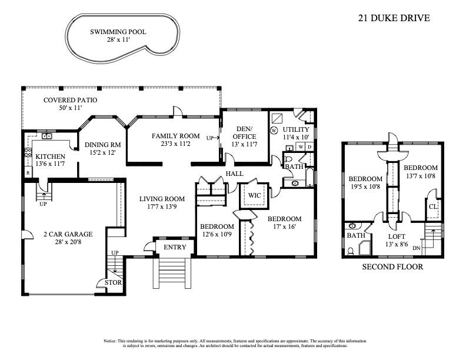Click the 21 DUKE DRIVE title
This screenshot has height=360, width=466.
pyautogui.click(x=394, y=18)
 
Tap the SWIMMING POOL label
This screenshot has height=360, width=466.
pyautogui.click(x=118, y=32)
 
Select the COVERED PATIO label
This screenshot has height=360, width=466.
pyautogui.click(x=71, y=100)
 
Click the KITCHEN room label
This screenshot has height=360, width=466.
pyautogui.click(x=49, y=156)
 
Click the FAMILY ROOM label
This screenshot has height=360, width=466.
pyautogui.click(x=175, y=136)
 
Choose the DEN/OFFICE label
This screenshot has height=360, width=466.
pyautogui.click(x=244, y=133)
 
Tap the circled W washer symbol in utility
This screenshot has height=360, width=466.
pyautogui.click(x=274, y=130)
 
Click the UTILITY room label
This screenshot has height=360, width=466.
pyautogui.click(x=296, y=129)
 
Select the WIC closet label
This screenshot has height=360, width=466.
pyautogui.click(x=254, y=195)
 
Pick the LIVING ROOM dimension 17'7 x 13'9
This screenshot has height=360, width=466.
pyautogui.click(x=162, y=207)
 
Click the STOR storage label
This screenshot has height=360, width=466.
pyautogui.click(x=113, y=282)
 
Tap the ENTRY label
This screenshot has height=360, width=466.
pyautogui.click(x=174, y=246)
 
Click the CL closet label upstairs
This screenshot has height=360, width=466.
pyautogui.click(x=433, y=206)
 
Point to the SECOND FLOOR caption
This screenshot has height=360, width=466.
pyautogui.click(x=392, y=266)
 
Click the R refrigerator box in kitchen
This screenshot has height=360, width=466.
pyautogui.click(x=28, y=173)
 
